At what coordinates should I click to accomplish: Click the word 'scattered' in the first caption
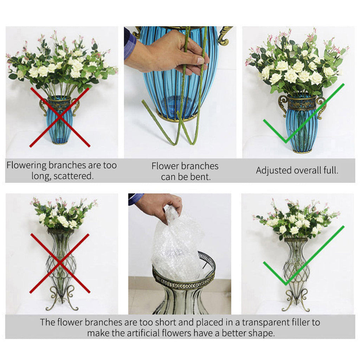point(75,176)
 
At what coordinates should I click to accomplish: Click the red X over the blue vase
point(60,117)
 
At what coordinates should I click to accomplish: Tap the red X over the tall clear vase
point(60,263)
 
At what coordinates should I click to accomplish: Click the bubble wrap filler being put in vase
point(178,246)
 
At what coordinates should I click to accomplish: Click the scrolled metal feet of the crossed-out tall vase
point(62,299)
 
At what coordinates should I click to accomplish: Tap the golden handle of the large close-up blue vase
point(224,35)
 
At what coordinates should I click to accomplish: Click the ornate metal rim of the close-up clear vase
point(183,279)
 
